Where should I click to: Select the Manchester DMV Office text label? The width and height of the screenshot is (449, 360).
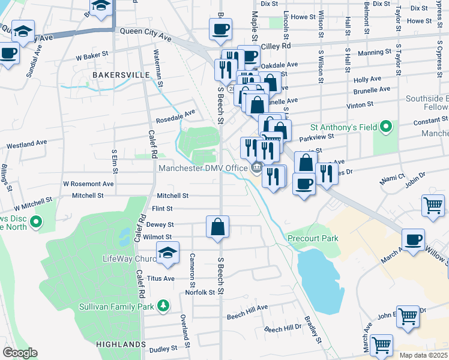click(203, 168)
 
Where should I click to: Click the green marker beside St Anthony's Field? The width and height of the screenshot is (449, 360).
click(386, 127)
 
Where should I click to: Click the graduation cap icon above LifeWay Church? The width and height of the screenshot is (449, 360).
click(168, 253)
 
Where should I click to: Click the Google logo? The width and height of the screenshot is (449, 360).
click(20, 353)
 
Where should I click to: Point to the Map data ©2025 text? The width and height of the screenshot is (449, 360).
click(423, 355)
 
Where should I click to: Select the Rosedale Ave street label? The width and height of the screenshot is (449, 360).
click(176, 113)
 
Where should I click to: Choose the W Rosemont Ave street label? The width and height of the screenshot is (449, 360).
click(88, 184)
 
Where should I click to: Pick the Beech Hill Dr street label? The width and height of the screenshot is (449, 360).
click(283, 329)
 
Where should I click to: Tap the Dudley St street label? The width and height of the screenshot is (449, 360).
click(163, 348)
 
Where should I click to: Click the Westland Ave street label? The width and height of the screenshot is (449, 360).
click(26, 145)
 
